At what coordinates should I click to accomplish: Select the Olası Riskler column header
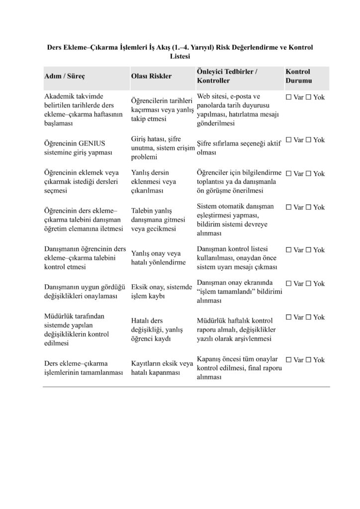(151, 76)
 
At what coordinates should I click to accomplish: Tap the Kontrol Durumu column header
(298, 76)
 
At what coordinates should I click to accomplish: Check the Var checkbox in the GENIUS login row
(289, 140)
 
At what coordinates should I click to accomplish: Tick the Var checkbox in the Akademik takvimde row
(289, 97)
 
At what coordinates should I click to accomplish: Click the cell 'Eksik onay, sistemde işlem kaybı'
(161, 292)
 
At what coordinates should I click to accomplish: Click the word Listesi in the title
(180, 57)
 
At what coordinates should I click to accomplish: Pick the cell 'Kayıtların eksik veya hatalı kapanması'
(162, 368)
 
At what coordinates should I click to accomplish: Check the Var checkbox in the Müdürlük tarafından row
(289, 317)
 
